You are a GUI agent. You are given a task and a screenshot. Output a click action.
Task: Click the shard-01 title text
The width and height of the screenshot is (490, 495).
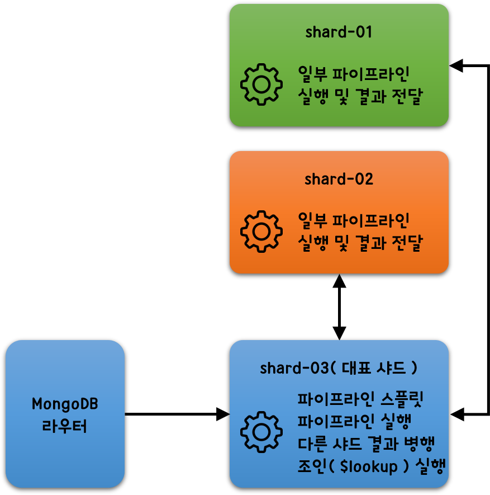point(339,32)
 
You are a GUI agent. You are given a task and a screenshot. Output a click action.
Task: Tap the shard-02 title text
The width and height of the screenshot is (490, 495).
point(339,179)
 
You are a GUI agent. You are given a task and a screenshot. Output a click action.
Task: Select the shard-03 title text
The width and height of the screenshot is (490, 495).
point(339,368)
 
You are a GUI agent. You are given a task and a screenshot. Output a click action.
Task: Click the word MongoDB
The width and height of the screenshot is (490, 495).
point(65,404)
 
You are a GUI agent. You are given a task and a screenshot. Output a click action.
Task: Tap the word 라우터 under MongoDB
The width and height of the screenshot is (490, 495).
point(64,426)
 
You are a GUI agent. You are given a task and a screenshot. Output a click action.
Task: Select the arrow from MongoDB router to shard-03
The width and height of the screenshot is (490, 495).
point(178,414)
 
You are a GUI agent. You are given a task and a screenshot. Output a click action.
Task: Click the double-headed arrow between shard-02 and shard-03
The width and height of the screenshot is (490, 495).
point(339,307)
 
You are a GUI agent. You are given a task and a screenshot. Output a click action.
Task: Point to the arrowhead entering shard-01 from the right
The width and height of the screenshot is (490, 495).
point(456,65)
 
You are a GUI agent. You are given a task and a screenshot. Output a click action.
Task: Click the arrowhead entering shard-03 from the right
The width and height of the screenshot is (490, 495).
point(457,414)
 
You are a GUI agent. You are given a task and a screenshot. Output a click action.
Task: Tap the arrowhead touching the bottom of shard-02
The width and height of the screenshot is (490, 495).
point(339,281)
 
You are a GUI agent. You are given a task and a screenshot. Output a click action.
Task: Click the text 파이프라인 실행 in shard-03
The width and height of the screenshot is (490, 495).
point(354,421)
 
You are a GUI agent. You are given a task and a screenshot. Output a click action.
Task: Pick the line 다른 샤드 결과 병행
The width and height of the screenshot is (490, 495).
point(367,444)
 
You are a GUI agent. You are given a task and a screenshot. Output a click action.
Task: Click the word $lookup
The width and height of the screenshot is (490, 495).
point(369,466)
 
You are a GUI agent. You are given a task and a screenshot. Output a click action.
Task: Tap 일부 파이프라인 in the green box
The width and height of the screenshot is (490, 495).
point(354,74)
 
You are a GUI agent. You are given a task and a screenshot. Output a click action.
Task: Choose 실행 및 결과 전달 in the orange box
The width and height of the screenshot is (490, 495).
point(360,243)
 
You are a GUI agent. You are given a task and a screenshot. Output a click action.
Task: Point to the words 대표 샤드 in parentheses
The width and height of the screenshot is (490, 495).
point(374,368)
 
